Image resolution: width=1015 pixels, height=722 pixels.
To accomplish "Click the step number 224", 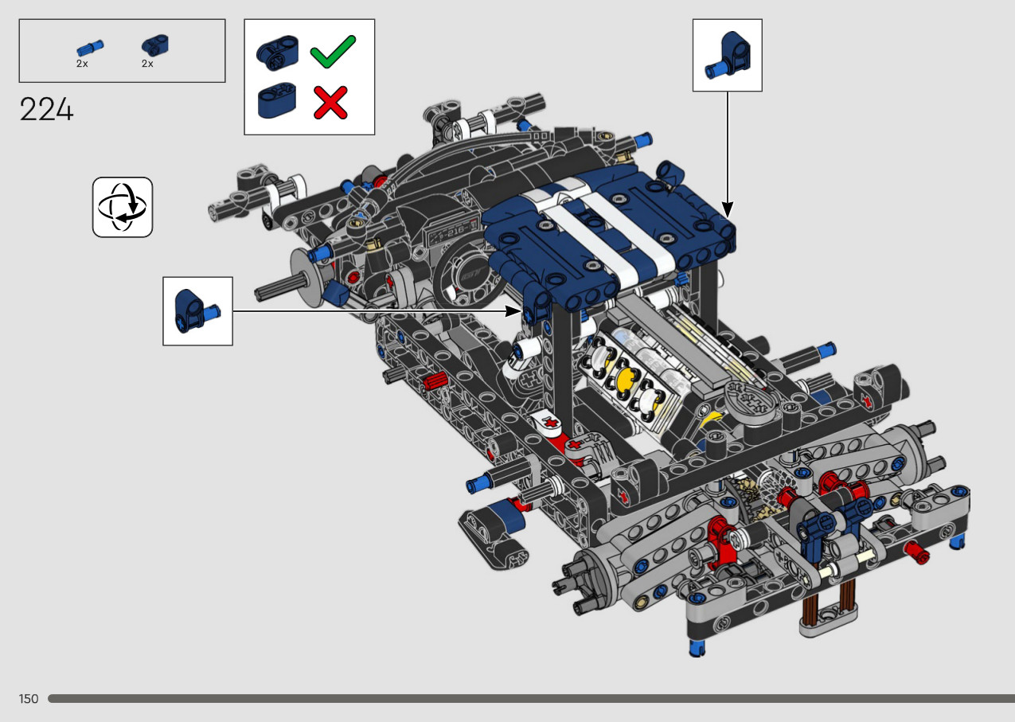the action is pyautogui.click(x=46, y=109).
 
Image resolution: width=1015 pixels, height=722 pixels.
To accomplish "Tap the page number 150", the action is pyautogui.click(x=29, y=698).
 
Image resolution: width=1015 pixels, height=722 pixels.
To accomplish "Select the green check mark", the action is pyautogui.click(x=333, y=52).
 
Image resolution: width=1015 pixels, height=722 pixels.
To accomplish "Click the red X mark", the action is pyautogui.click(x=330, y=103).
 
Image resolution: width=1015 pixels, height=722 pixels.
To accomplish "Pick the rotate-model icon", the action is pyautogui.click(x=123, y=207).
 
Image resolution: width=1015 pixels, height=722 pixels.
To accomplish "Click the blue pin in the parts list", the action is pyautogui.click(x=90, y=48).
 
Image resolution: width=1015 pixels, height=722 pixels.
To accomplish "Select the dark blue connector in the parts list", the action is pyautogui.click(x=155, y=45).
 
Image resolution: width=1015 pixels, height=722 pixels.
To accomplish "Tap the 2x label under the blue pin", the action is pyautogui.click(x=82, y=64).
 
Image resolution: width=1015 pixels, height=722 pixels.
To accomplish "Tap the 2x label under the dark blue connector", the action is pyautogui.click(x=147, y=64).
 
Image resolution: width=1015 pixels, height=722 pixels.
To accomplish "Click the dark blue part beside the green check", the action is pyautogui.click(x=277, y=53).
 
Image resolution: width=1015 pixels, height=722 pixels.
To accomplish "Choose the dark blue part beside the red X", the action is pyautogui.click(x=277, y=100).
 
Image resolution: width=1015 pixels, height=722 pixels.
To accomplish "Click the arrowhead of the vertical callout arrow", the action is pyautogui.click(x=728, y=210).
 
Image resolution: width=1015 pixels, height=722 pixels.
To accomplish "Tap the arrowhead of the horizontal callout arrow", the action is pyautogui.click(x=513, y=311).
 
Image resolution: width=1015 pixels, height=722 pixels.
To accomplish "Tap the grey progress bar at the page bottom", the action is pyautogui.click(x=531, y=698).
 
